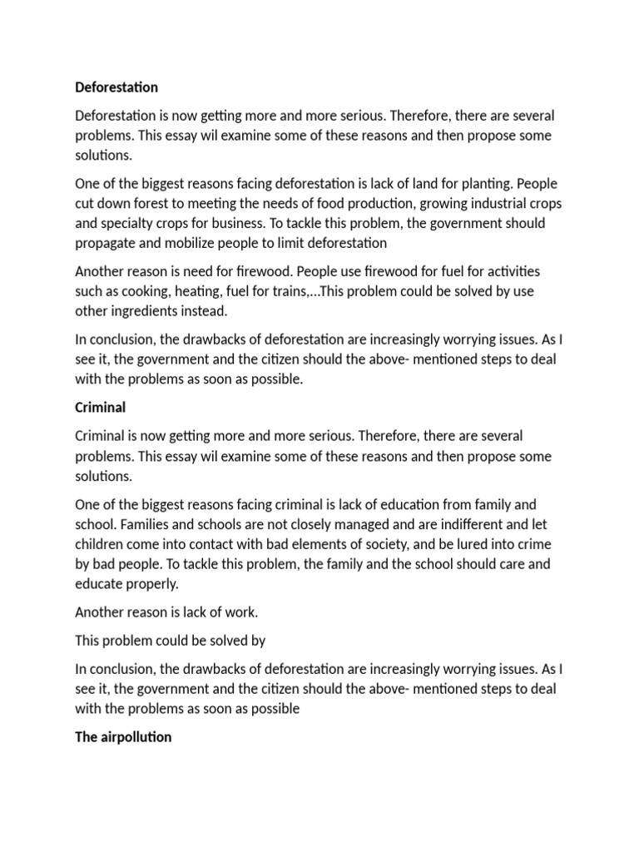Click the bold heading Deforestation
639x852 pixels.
pyautogui.click(x=116, y=87)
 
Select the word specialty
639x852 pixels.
pyautogui.click(x=131, y=224)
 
